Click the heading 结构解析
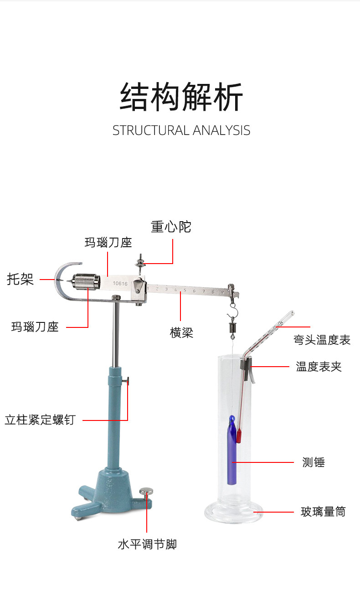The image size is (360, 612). click(181, 97)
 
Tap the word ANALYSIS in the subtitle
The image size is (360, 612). click(221, 130)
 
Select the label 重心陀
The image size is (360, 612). click(171, 227)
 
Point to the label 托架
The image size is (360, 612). click(20, 279)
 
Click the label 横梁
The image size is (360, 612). click(181, 332)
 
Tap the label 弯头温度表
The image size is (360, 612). click(322, 340)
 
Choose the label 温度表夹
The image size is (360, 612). click(319, 367)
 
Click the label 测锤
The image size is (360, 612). click(314, 462)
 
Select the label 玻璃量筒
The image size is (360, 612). click(323, 512)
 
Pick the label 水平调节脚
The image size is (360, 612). click(147, 544)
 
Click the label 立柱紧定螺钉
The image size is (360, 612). click(40, 420)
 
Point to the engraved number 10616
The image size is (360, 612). click(120, 284)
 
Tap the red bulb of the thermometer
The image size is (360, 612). click(239, 436)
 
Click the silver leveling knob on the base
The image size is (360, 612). click(146, 492)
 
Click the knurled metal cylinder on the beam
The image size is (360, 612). click(86, 282)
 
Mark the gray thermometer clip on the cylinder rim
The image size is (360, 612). click(247, 369)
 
